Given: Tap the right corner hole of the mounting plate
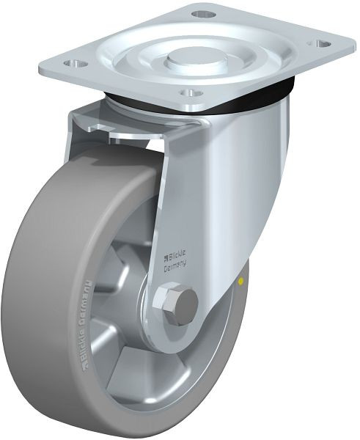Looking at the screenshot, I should click(x=322, y=43).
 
